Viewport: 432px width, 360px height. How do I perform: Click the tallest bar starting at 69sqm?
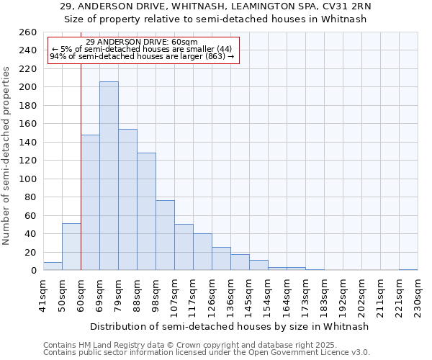click(109, 176)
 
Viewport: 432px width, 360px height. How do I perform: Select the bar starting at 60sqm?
click(90, 202)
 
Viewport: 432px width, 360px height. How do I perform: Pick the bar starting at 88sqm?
click(146, 212)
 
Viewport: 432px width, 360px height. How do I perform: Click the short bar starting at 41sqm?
click(53, 266)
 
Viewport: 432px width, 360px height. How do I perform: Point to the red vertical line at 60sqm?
click(81, 166)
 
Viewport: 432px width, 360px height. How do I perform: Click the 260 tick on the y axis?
click(28, 32)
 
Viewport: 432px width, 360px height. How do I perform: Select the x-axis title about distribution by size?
click(230, 326)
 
